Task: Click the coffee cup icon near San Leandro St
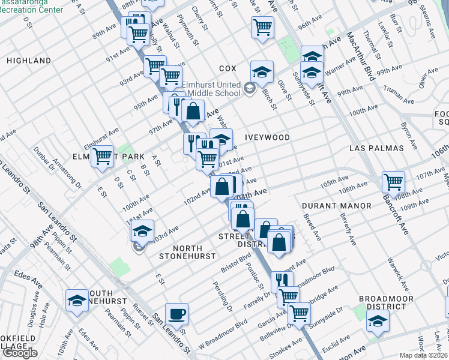point(176,313)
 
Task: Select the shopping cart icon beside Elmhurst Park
point(103,156)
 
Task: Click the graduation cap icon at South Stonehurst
point(77,300)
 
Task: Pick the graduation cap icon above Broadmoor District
point(378,322)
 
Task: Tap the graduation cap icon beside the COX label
point(262,71)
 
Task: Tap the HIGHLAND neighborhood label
point(29,61)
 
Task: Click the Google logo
point(19,352)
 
